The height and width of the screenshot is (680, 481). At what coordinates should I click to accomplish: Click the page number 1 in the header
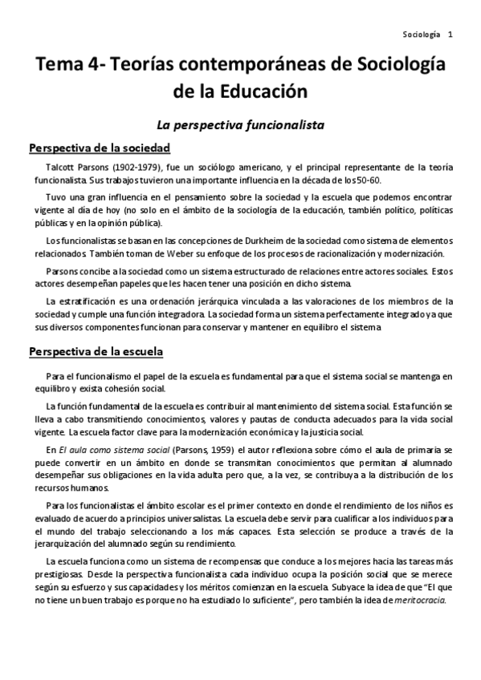450,34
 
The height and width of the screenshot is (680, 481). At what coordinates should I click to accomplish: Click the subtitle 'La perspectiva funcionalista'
239,124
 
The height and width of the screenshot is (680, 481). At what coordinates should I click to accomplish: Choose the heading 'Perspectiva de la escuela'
96,351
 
